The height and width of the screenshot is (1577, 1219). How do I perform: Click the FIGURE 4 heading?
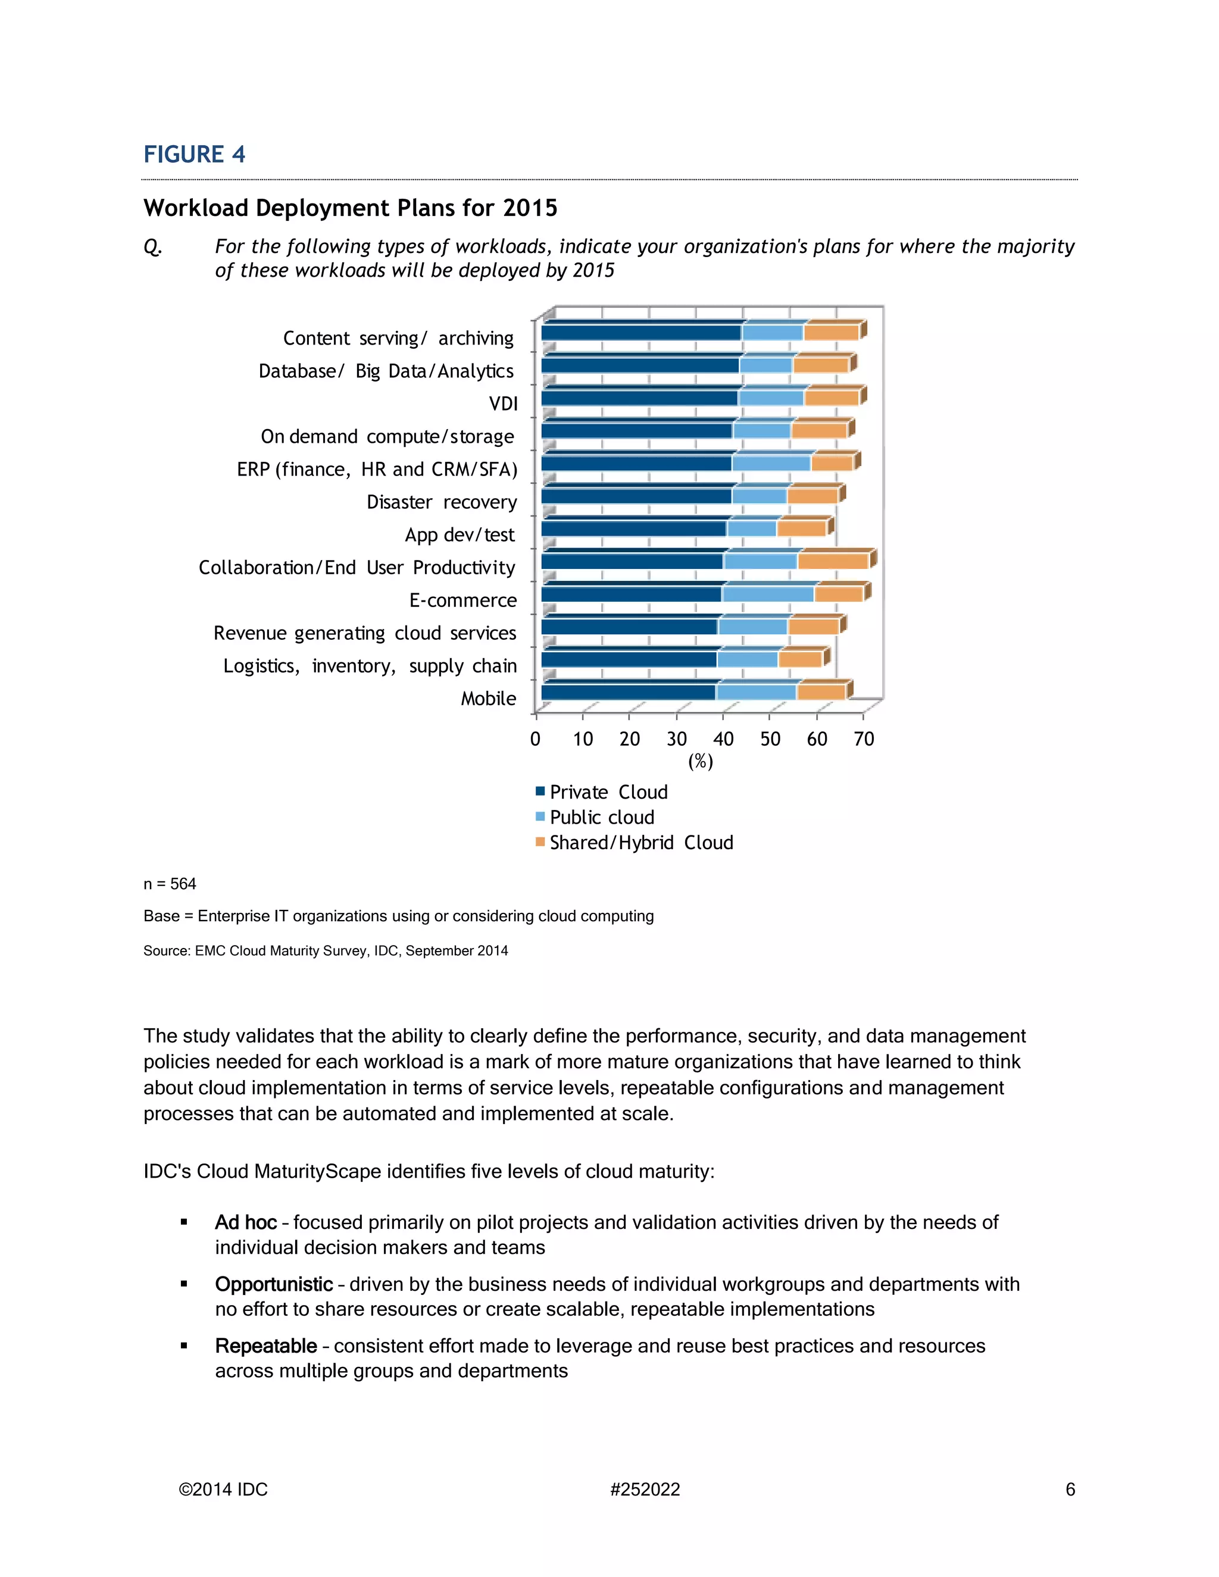194,155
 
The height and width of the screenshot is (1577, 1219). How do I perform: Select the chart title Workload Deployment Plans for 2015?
350,208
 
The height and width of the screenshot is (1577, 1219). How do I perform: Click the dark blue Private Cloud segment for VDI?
639,398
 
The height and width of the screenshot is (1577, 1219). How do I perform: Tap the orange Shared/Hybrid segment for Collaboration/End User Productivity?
833,561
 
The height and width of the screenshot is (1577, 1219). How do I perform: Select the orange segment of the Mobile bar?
820,691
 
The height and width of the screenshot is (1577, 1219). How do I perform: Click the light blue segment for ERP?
771,463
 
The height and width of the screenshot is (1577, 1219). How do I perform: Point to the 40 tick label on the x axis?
723,739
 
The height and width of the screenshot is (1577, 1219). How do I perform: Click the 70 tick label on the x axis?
864,739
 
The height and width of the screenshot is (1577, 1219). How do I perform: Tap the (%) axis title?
701,761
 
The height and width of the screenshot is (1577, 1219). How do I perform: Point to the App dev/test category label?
460,535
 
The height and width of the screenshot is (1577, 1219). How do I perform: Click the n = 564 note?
170,884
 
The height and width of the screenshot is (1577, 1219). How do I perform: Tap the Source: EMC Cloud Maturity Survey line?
325,951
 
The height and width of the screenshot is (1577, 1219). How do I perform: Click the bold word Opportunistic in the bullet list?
274,1284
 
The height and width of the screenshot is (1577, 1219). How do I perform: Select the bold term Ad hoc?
246,1222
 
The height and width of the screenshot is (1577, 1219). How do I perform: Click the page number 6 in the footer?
1070,1490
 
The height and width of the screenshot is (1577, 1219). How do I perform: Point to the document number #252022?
645,1490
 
